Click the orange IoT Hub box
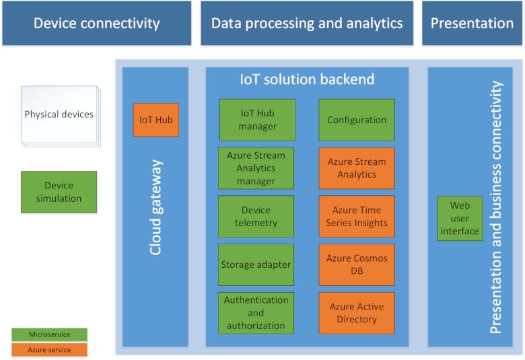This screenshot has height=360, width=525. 156,120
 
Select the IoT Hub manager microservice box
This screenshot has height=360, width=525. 256,120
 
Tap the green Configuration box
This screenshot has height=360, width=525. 357,120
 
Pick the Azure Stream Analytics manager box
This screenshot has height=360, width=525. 256,168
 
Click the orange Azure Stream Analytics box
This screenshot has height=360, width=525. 357,168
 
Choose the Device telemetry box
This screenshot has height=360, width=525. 256,217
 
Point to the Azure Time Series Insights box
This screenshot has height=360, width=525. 357,217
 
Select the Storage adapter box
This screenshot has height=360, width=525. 256,264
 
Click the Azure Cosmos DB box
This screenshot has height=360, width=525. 357,264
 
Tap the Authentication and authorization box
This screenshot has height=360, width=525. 256,313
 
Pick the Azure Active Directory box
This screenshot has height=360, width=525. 357,313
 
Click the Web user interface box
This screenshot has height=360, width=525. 460,218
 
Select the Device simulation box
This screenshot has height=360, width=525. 59,192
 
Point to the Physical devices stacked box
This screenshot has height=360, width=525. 59,114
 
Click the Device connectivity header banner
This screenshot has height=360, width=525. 96,24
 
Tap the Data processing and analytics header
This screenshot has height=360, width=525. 307,24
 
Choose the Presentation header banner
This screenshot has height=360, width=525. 472,24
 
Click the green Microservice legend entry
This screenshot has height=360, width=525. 50,334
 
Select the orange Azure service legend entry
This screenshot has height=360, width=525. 50,350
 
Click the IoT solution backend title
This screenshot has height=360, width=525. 307,79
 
